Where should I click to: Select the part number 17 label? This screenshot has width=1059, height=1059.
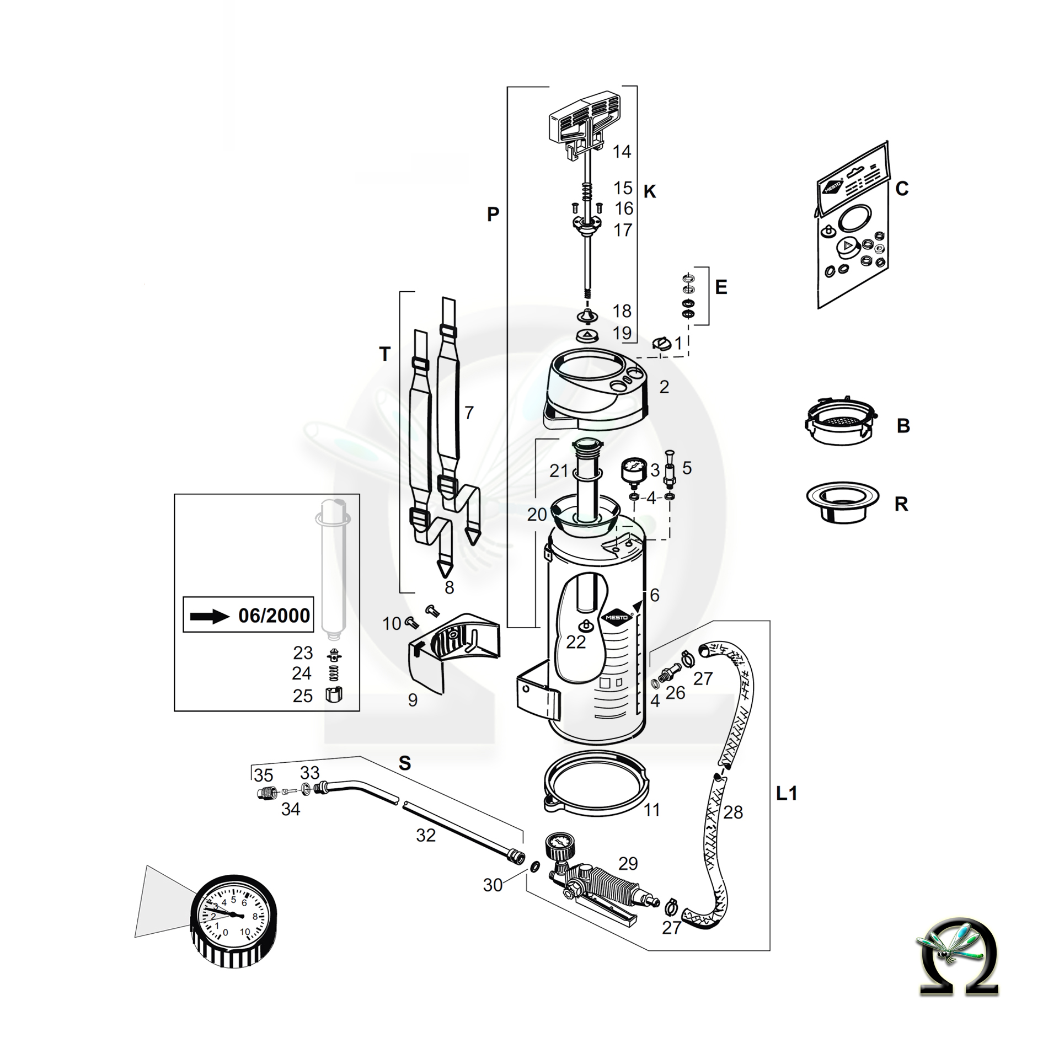pos(623,230)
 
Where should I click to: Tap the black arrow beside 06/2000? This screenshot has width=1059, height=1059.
pos(209,616)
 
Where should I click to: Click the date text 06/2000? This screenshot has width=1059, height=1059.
pos(274,616)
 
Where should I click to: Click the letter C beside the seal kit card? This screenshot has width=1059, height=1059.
pos(902,189)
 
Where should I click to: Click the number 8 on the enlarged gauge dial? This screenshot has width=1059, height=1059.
pos(255,917)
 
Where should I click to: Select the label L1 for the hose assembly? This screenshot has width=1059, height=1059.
pos(787,794)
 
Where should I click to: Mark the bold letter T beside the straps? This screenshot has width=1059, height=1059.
pos(385,354)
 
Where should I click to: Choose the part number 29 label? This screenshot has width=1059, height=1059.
pos(628,863)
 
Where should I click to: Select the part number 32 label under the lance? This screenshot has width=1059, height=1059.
pos(426,836)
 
